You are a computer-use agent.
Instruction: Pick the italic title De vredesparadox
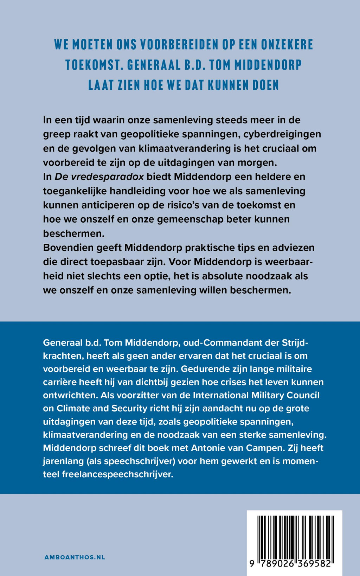pos(99,177)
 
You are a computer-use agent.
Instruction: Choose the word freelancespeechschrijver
pos(117,474)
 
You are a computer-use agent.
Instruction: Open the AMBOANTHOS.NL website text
pos(75,557)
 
